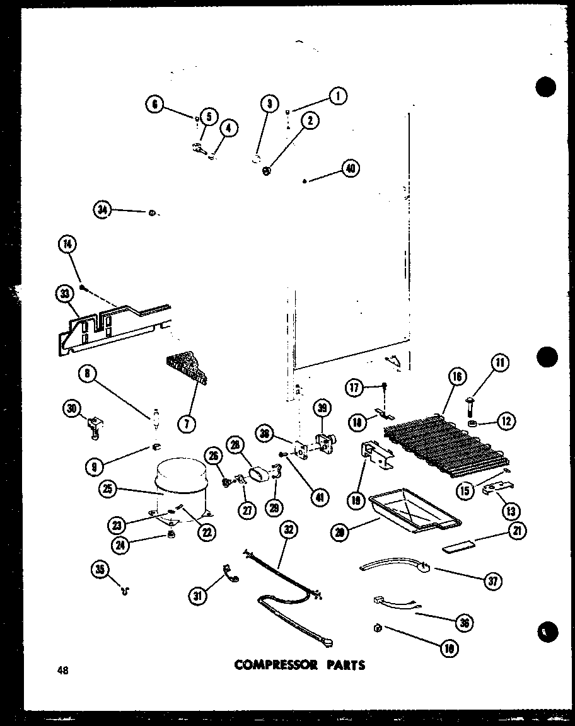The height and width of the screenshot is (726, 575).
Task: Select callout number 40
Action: coord(350,168)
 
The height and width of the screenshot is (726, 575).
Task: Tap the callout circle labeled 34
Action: coord(102,210)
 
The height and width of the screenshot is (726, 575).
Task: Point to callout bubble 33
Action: coord(64,294)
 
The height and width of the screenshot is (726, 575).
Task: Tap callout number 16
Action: coord(457,377)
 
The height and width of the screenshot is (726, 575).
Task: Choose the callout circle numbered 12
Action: coord(505,420)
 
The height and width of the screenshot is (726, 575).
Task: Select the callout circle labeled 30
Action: coord(73,410)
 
